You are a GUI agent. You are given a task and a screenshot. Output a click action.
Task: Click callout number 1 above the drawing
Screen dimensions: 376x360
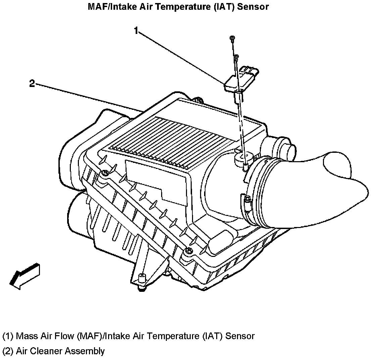136,31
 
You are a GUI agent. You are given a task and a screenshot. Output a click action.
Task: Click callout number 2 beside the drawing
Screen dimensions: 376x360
32,84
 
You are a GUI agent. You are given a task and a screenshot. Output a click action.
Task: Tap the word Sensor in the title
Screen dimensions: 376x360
253,6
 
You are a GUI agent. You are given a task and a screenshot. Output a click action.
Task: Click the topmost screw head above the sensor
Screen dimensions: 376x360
232,38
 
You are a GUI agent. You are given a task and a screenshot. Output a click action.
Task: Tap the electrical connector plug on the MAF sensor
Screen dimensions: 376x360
250,72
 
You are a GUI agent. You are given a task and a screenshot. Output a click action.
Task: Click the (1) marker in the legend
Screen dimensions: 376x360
8,336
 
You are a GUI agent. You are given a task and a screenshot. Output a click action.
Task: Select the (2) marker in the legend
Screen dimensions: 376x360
8,351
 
